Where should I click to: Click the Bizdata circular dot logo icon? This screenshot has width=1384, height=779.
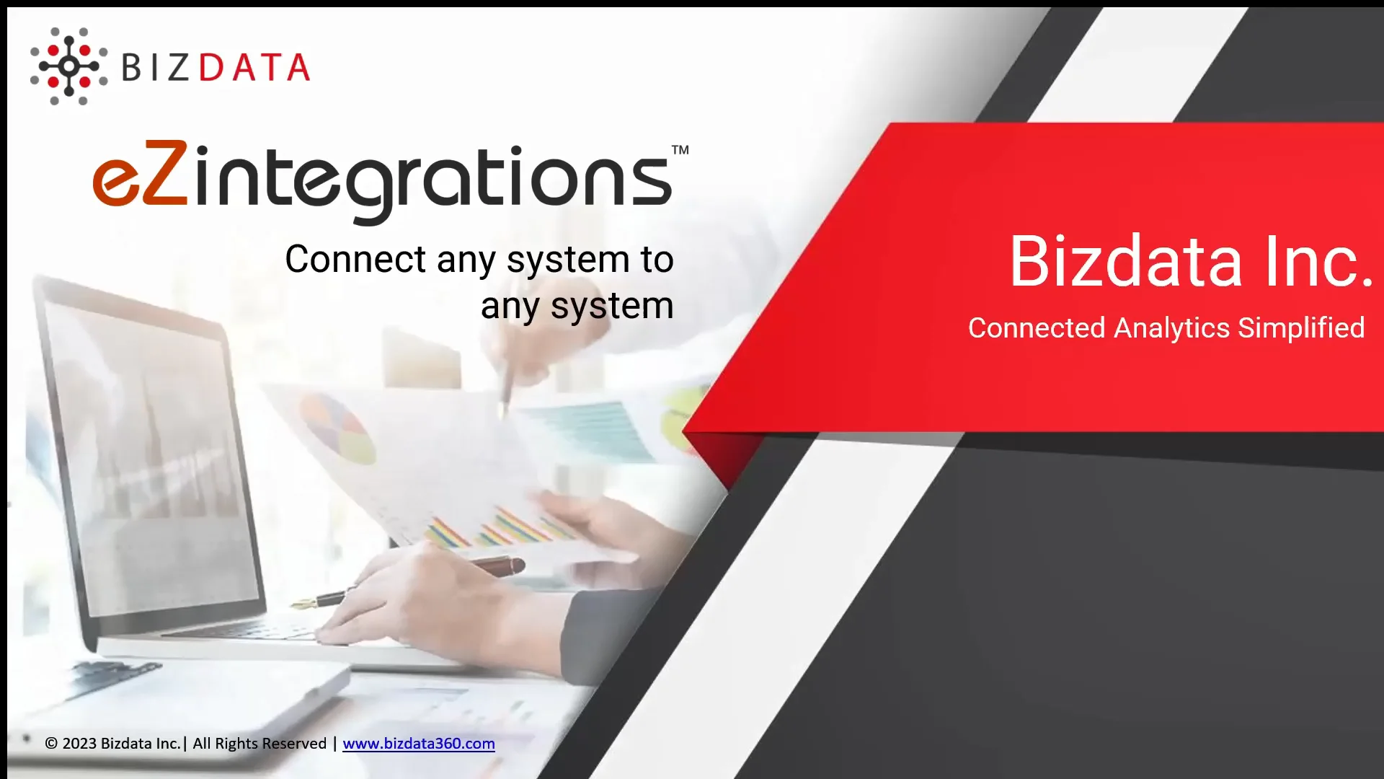pos(68,66)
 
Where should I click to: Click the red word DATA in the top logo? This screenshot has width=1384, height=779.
pos(254,68)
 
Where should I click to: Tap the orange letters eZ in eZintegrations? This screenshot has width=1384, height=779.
pos(141,175)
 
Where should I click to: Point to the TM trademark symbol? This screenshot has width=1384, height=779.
pos(680,151)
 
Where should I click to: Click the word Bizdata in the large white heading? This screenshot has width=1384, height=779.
pos(1125,262)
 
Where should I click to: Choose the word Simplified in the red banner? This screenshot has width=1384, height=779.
pos(1301,328)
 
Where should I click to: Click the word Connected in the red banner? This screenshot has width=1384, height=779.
pos(1037,328)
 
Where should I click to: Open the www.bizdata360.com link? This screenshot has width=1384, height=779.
pos(418,744)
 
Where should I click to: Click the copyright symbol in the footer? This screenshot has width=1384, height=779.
pos(51,744)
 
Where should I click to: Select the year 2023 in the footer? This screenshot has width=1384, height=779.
pos(79,744)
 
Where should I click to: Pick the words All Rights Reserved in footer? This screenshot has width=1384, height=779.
pos(259,744)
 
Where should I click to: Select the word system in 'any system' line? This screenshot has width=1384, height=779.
pos(612,307)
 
